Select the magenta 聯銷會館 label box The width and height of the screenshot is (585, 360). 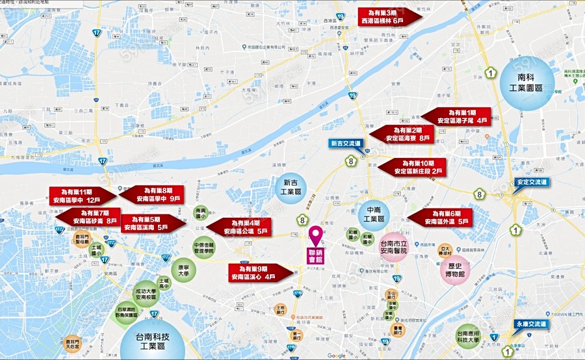point(315,254)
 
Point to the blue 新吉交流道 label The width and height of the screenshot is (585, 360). point(345,143)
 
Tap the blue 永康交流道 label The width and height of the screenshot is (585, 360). point(531,323)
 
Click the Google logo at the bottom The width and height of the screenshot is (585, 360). point(336,355)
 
